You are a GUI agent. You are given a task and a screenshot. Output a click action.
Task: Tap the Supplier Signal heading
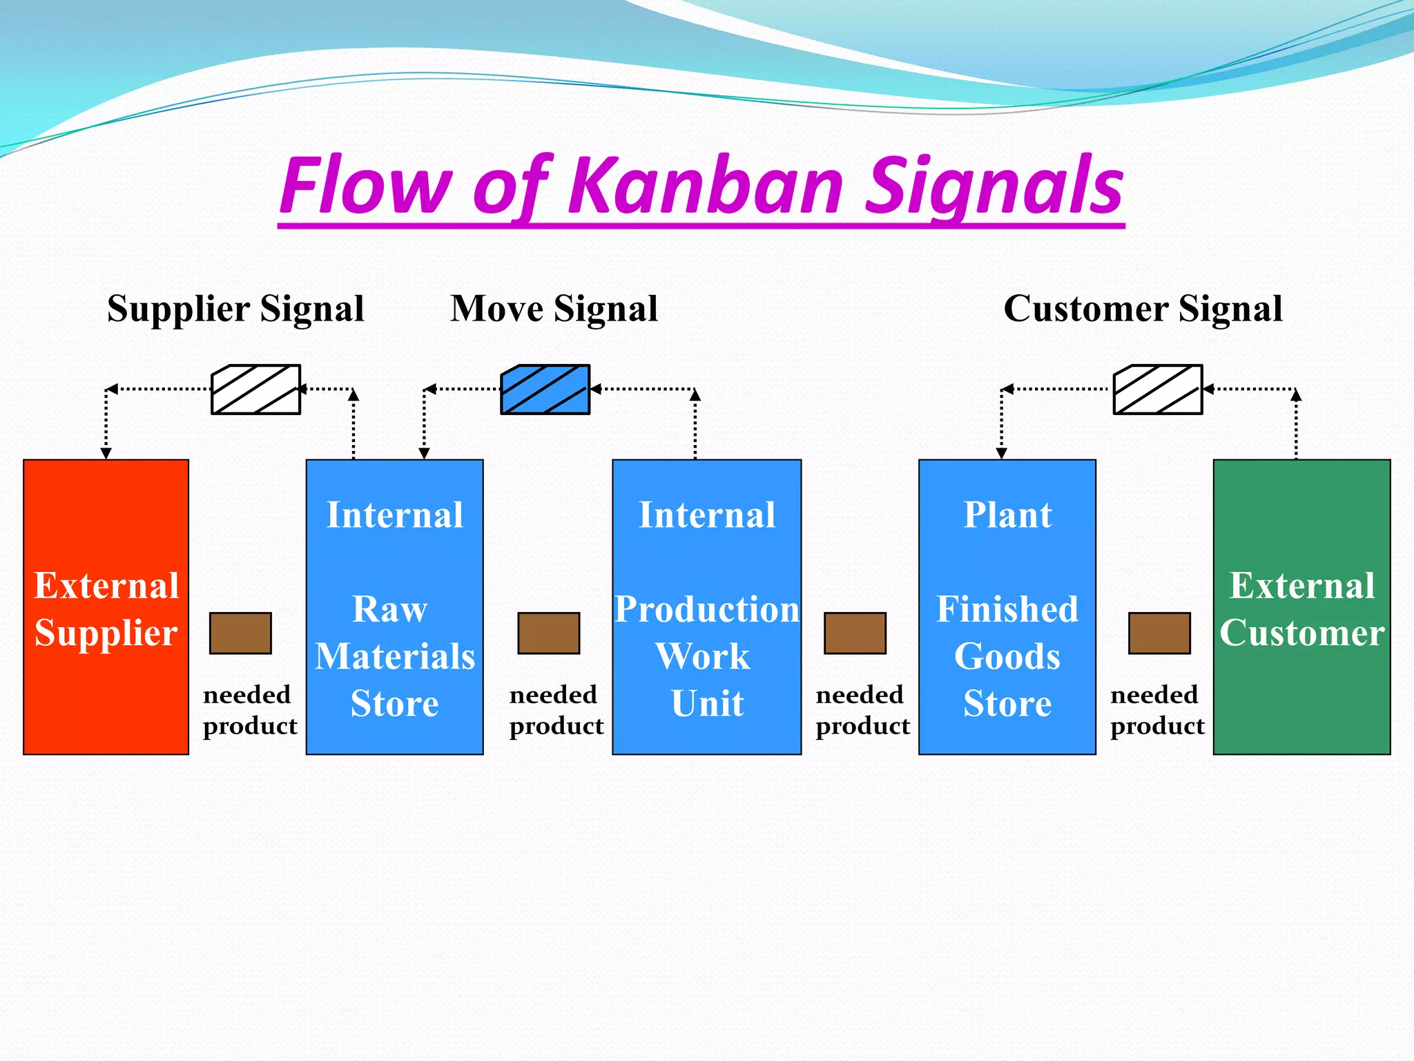235,309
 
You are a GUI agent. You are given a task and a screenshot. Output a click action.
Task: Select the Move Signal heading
554,309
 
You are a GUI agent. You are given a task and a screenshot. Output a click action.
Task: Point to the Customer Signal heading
1143,309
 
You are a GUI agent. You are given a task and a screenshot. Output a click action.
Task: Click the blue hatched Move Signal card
545,390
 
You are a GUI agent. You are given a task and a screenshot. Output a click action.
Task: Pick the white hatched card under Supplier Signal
255,390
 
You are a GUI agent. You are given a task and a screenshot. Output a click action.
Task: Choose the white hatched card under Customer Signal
1158,390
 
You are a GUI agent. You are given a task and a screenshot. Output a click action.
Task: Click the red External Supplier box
106,606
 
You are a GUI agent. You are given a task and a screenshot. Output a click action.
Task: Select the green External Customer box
1301,606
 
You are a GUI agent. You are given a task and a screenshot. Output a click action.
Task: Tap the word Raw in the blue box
390,609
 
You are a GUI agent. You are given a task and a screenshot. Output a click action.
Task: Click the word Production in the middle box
706,609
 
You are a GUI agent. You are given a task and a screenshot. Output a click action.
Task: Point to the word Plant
1007,515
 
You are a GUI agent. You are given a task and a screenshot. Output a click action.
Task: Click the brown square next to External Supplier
240,633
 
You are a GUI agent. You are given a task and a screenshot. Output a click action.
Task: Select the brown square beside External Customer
1159,633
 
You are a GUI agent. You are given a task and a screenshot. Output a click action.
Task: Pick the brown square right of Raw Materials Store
549,633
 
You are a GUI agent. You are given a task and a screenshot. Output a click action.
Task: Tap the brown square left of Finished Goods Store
855,633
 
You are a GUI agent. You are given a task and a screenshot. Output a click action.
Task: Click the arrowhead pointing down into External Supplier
106,453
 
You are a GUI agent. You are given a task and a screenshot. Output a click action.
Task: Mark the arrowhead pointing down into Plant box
1001,453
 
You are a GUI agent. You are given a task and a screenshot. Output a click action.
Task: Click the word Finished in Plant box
1007,609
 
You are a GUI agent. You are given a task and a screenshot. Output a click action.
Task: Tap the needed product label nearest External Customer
1157,710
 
